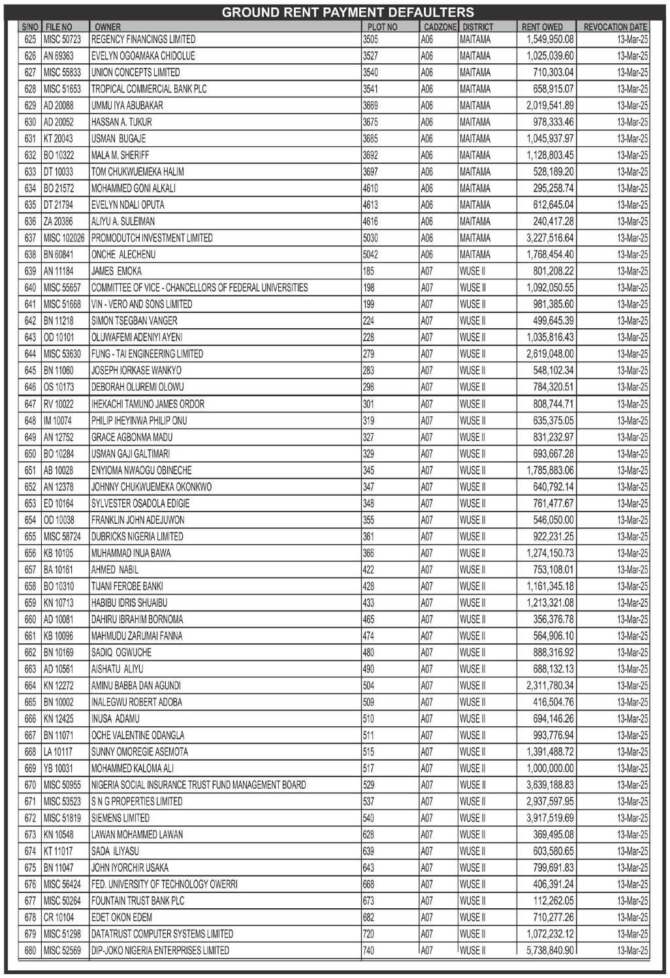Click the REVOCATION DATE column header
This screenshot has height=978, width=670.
[614, 27]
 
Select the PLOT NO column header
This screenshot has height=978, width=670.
[382, 27]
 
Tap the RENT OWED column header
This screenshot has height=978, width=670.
[542, 27]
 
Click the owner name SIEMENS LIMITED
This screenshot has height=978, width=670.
[120, 818]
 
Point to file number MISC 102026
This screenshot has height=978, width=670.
[63, 238]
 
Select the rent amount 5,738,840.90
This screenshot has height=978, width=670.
[550, 951]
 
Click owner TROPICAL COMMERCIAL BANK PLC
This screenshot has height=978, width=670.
[149, 89]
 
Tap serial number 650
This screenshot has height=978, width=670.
[30, 454]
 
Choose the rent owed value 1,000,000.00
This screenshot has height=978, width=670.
[550, 769]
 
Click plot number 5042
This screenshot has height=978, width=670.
[370, 254]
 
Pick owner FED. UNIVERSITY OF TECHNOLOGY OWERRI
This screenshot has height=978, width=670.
[164, 885]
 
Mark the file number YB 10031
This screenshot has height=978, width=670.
[58, 769]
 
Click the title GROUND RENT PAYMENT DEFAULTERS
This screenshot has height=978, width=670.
[347, 12]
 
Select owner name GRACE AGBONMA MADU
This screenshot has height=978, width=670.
[132, 437]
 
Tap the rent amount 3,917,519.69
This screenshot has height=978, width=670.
[550, 818]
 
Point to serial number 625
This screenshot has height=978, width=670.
[30, 39]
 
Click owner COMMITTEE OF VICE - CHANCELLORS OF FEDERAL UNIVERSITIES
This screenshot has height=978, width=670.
[199, 288]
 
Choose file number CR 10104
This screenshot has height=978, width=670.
[59, 917]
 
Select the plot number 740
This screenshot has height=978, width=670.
[368, 951]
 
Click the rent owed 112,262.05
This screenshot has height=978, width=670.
[553, 901]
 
